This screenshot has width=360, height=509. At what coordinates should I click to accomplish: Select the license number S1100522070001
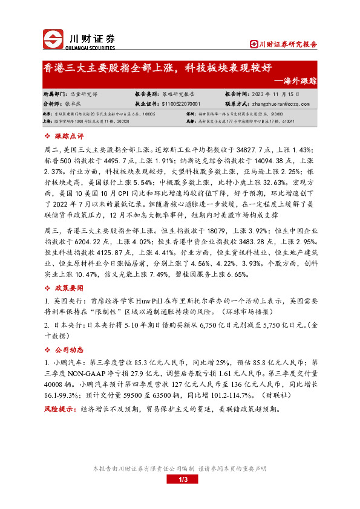tap(185, 103)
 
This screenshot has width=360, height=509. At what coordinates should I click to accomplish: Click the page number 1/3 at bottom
tap(180, 480)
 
